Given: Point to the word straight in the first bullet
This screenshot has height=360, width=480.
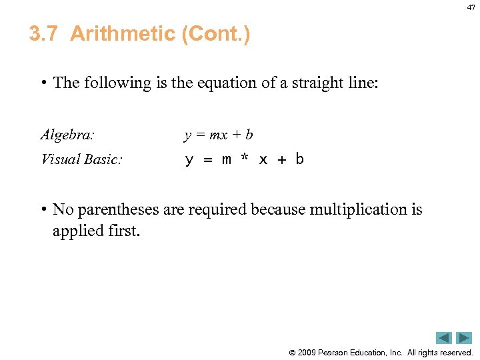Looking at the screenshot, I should (x=317, y=83).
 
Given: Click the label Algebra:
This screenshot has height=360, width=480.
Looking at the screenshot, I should (x=67, y=135).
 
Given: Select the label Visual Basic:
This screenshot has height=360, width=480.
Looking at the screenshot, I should (x=81, y=159).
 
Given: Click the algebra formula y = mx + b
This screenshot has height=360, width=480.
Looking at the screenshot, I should (x=219, y=135).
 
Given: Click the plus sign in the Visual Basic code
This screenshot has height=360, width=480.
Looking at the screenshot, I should (x=281, y=160).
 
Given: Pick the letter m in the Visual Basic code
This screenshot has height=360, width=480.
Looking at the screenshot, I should (x=226, y=160).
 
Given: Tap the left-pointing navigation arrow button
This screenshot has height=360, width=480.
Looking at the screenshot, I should (x=444, y=338).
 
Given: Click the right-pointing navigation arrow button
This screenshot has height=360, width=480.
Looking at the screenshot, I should (x=464, y=338).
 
